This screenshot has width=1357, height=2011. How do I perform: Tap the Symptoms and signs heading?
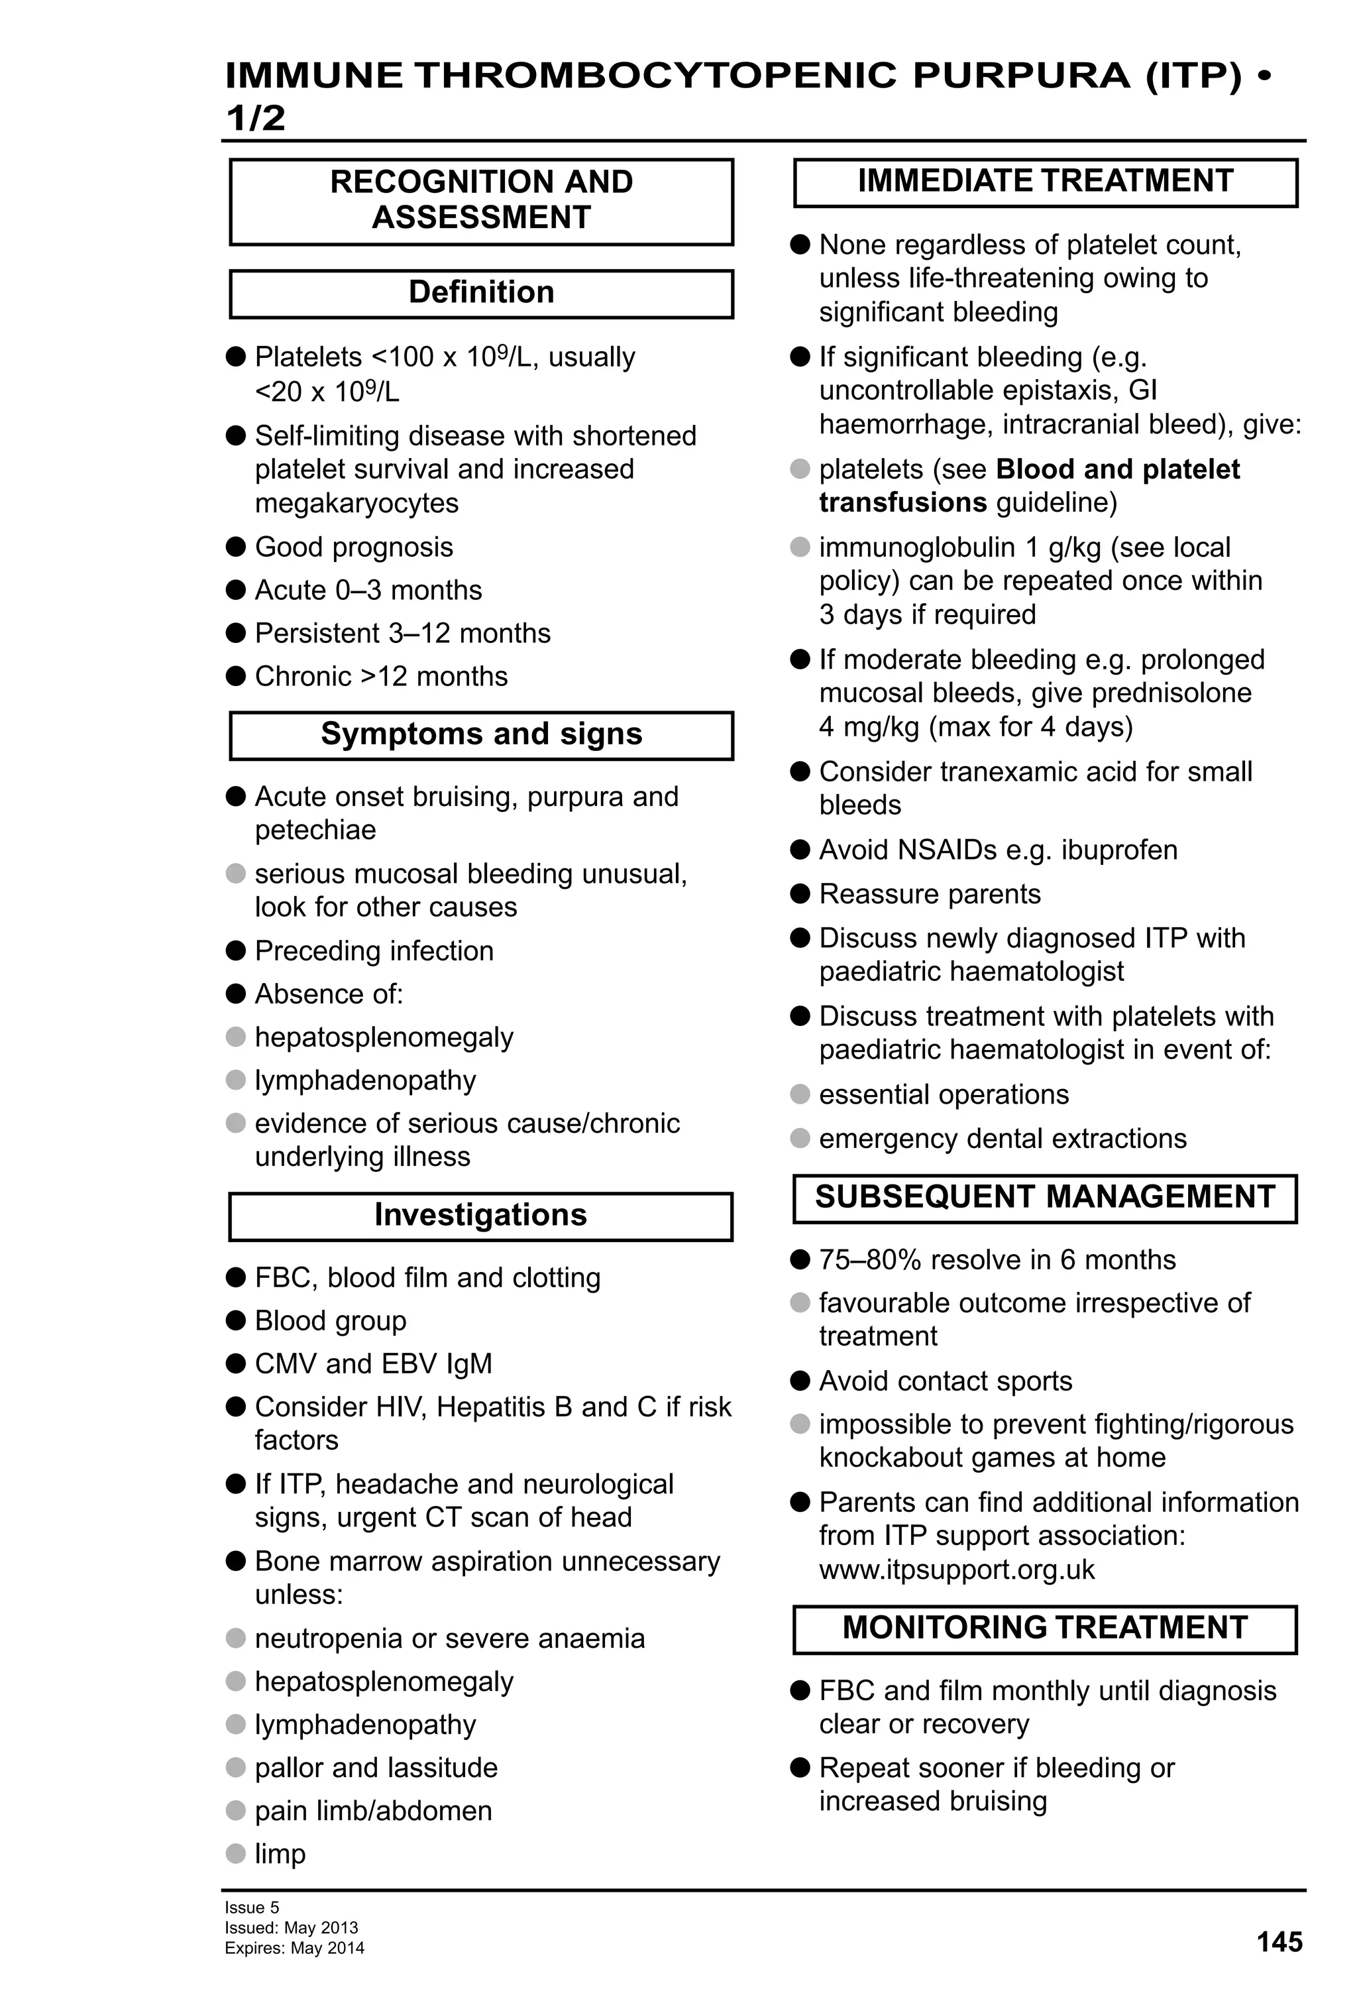click(481, 734)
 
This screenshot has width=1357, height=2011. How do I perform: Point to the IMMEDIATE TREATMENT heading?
click(1045, 182)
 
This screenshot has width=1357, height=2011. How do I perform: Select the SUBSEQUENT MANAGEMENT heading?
click(1045, 1197)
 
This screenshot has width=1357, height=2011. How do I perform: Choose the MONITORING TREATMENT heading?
click(1045, 1628)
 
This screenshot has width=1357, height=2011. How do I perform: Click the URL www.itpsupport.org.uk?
click(957, 1570)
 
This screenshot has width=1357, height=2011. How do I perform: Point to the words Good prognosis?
click(354, 547)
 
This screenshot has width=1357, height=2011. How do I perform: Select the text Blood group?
click(331, 1320)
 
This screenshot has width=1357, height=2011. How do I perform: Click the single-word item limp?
click(280, 1853)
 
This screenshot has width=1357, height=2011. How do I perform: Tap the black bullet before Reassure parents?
click(800, 893)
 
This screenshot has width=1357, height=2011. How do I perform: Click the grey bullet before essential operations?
click(800, 1094)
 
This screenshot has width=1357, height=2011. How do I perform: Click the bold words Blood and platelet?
click(1117, 469)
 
